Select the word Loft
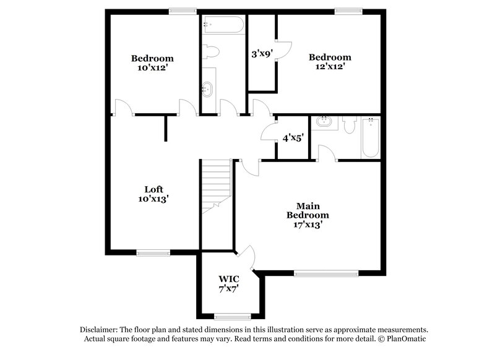pyautogui.click(x=153, y=189)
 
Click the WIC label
pyautogui.click(x=228, y=279)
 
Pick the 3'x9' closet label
pyautogui.click(x=261, y=54)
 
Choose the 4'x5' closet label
pyautogui.click(x=293, y=138)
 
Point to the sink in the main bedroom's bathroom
pyautogui.click(x=323, y=122)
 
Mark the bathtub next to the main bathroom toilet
pyautogui.click(x=370, y=137)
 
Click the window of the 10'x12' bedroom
pyautogui.click(x=183, y=10)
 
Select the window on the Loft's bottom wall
pyautogui.click(x=153, y=252)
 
